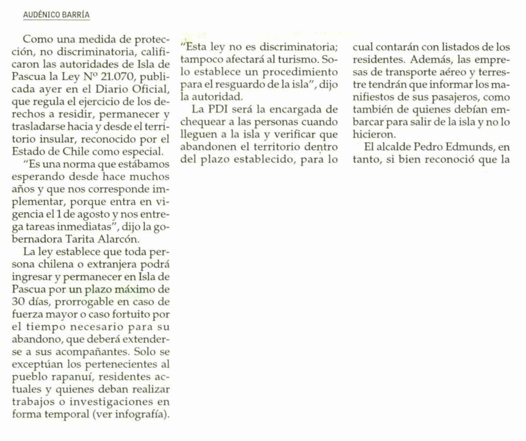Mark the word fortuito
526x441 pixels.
[x=138, y=313]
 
